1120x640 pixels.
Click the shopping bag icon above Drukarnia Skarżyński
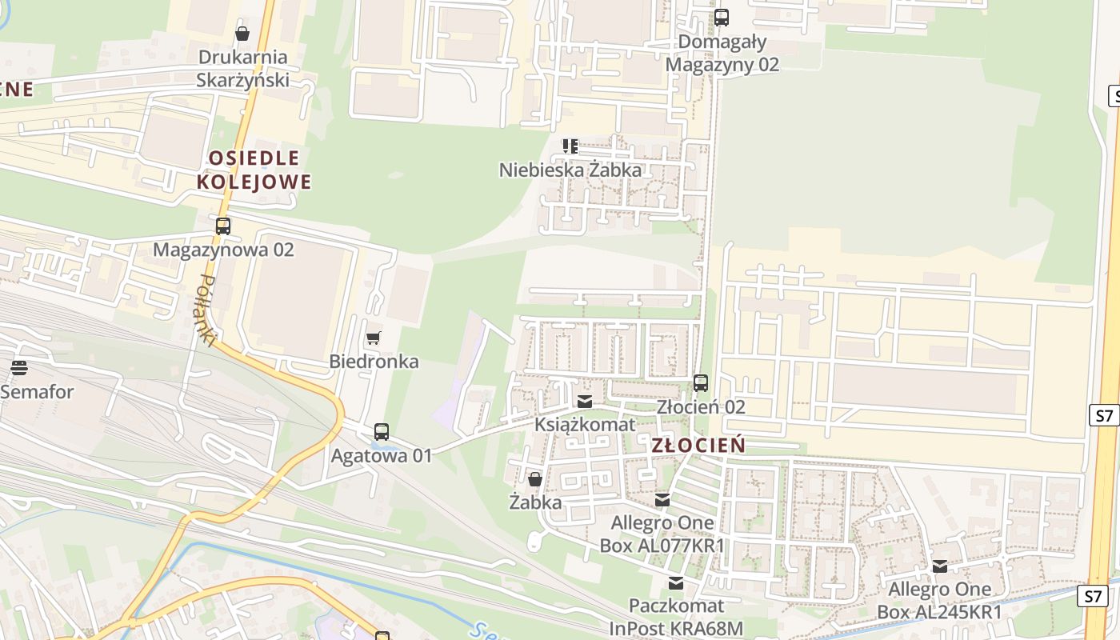pos(242,34)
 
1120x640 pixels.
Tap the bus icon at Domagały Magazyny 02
pos(722,17)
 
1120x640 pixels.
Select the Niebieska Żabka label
pos(570,170)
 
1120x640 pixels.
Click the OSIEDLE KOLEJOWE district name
pos(254,170)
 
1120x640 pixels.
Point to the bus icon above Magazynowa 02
pos(222,226)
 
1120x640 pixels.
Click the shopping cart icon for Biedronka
pos(373,338)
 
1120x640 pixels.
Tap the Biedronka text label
pos(374,361)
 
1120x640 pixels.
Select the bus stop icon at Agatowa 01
pos(382,432)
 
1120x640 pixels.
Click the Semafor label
pos(37,392)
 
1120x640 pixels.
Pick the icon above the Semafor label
pos(19,368)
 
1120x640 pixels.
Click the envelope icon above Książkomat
pos(585,401)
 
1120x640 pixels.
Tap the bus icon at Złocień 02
pos(701,383)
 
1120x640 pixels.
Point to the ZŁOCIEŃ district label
pos(698,446)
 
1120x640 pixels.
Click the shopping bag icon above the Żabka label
pos(534,479)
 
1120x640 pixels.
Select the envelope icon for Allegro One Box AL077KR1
pos(662,500)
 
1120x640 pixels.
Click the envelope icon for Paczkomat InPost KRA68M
pos(676,582)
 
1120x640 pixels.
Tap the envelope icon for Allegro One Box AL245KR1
pos(940,566)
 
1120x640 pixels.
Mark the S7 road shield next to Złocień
pos(1104,415)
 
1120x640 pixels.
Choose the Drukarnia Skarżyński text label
pos(242,68)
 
